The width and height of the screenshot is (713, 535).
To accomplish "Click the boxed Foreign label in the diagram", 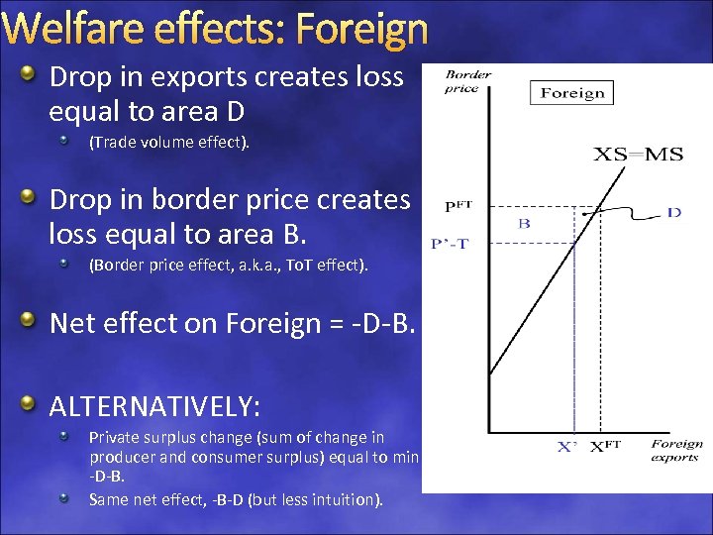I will point(572,93).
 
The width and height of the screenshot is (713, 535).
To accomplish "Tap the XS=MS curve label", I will point(632,154).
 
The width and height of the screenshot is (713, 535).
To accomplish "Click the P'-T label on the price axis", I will point(451,242).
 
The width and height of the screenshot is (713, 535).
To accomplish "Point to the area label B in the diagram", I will point(524,224).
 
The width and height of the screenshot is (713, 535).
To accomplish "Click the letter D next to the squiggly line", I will point(673,212).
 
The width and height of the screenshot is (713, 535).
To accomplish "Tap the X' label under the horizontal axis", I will point(566,447).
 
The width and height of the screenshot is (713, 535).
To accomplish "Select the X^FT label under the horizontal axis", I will point(605,447).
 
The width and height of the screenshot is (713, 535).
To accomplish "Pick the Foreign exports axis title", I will point(677,450).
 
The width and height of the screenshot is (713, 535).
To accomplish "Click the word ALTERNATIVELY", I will point(154,406).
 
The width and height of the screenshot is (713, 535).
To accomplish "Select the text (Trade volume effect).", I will point(169,143).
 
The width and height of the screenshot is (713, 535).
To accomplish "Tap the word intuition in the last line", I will point(346,499).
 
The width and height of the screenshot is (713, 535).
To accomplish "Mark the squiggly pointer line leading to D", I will point(629,207).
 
